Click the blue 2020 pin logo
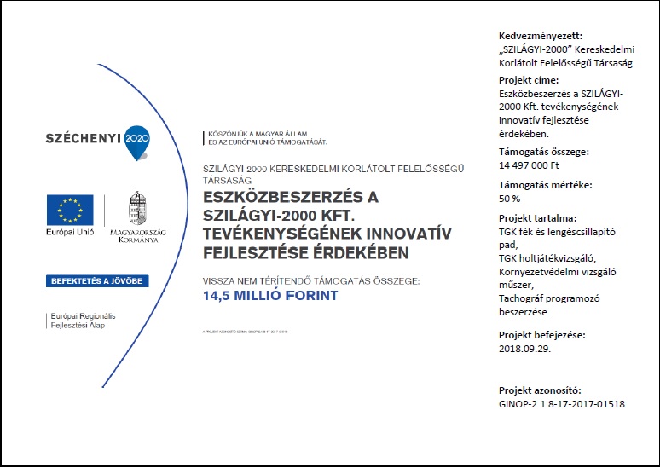pos(136,140)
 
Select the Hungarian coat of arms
pos(136,207)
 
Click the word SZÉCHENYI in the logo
pos(83,138)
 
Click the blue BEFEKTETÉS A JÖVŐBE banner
pos(97,280)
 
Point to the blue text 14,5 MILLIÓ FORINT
pos(270,296)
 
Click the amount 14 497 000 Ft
pos(529,165)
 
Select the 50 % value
pos(509,199)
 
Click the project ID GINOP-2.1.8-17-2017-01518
pos(561,403)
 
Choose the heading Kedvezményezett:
pos(541,36)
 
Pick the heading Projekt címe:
pos(529,80)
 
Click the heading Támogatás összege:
pos(543,153)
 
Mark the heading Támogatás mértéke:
pos(543,185)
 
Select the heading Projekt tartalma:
pos(537,217)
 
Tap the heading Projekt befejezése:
pos(541,335)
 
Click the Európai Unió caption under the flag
pos(70,233)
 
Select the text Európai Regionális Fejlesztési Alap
pos(83,321)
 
